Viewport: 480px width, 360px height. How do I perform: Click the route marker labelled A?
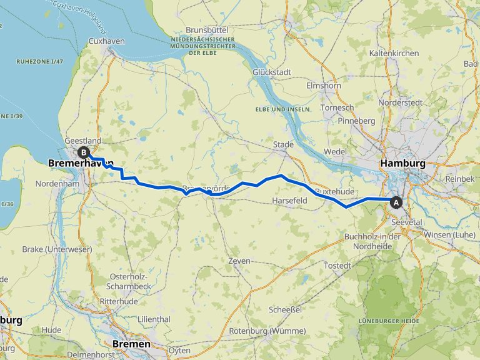coord(396,202)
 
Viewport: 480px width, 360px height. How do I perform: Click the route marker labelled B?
coord(83,152)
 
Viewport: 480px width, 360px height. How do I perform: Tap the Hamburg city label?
coord(402,164)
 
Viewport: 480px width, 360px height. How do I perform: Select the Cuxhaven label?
coord(107,41)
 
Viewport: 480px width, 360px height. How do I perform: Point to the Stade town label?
coord(283,145)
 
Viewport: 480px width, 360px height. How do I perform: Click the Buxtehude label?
coord(334,191)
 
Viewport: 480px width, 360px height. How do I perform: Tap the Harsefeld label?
coord(289,201)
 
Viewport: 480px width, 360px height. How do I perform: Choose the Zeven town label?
coord(239,261)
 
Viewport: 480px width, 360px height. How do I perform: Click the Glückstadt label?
coord(272,72)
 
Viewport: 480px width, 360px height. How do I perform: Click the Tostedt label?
coord(337,266)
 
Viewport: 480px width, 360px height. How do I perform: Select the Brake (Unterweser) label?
coord(57,249)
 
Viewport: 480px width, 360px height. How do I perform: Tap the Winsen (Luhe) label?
coord(445,234)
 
